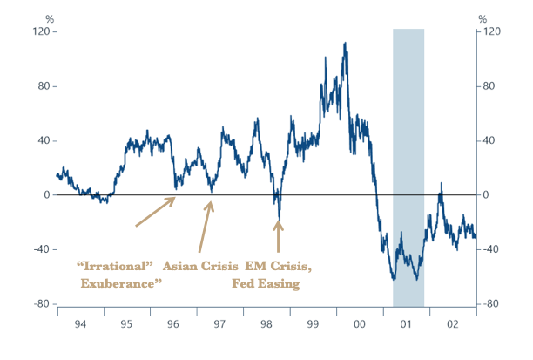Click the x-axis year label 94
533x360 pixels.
(80, 323)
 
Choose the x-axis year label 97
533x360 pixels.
(220, 323)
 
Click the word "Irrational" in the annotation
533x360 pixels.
(115, 265)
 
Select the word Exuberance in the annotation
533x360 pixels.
(121, 283)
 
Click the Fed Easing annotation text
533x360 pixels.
(266, 283)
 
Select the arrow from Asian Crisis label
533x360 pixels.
(205, 227)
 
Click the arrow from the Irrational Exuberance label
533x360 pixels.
(155, 212)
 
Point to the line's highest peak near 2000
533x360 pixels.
(346, 43)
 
